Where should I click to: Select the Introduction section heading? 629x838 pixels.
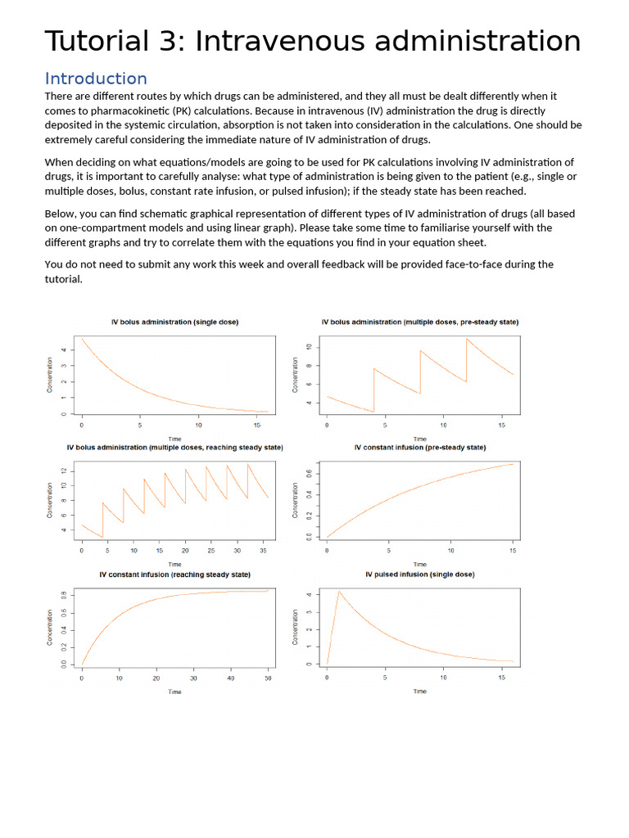pos(96,79)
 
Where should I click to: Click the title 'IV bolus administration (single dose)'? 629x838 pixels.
pos(174,322)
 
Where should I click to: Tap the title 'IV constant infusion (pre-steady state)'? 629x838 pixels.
pos(419,448)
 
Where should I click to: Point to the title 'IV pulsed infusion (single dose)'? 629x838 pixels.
pos(419,574)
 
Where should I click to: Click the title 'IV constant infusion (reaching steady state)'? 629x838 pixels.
pos(174,574)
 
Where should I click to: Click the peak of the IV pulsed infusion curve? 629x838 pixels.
pos(339,591)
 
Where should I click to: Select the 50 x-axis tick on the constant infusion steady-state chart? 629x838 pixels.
pos(268,678)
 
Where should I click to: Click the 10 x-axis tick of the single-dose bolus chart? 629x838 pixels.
pos(198,426)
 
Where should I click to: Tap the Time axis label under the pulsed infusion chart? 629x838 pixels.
pos(419,692)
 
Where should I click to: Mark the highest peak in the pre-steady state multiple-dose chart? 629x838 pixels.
pos(467,338)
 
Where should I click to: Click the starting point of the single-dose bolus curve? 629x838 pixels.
pos(82,338)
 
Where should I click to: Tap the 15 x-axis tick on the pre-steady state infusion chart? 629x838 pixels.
pos(513,552)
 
